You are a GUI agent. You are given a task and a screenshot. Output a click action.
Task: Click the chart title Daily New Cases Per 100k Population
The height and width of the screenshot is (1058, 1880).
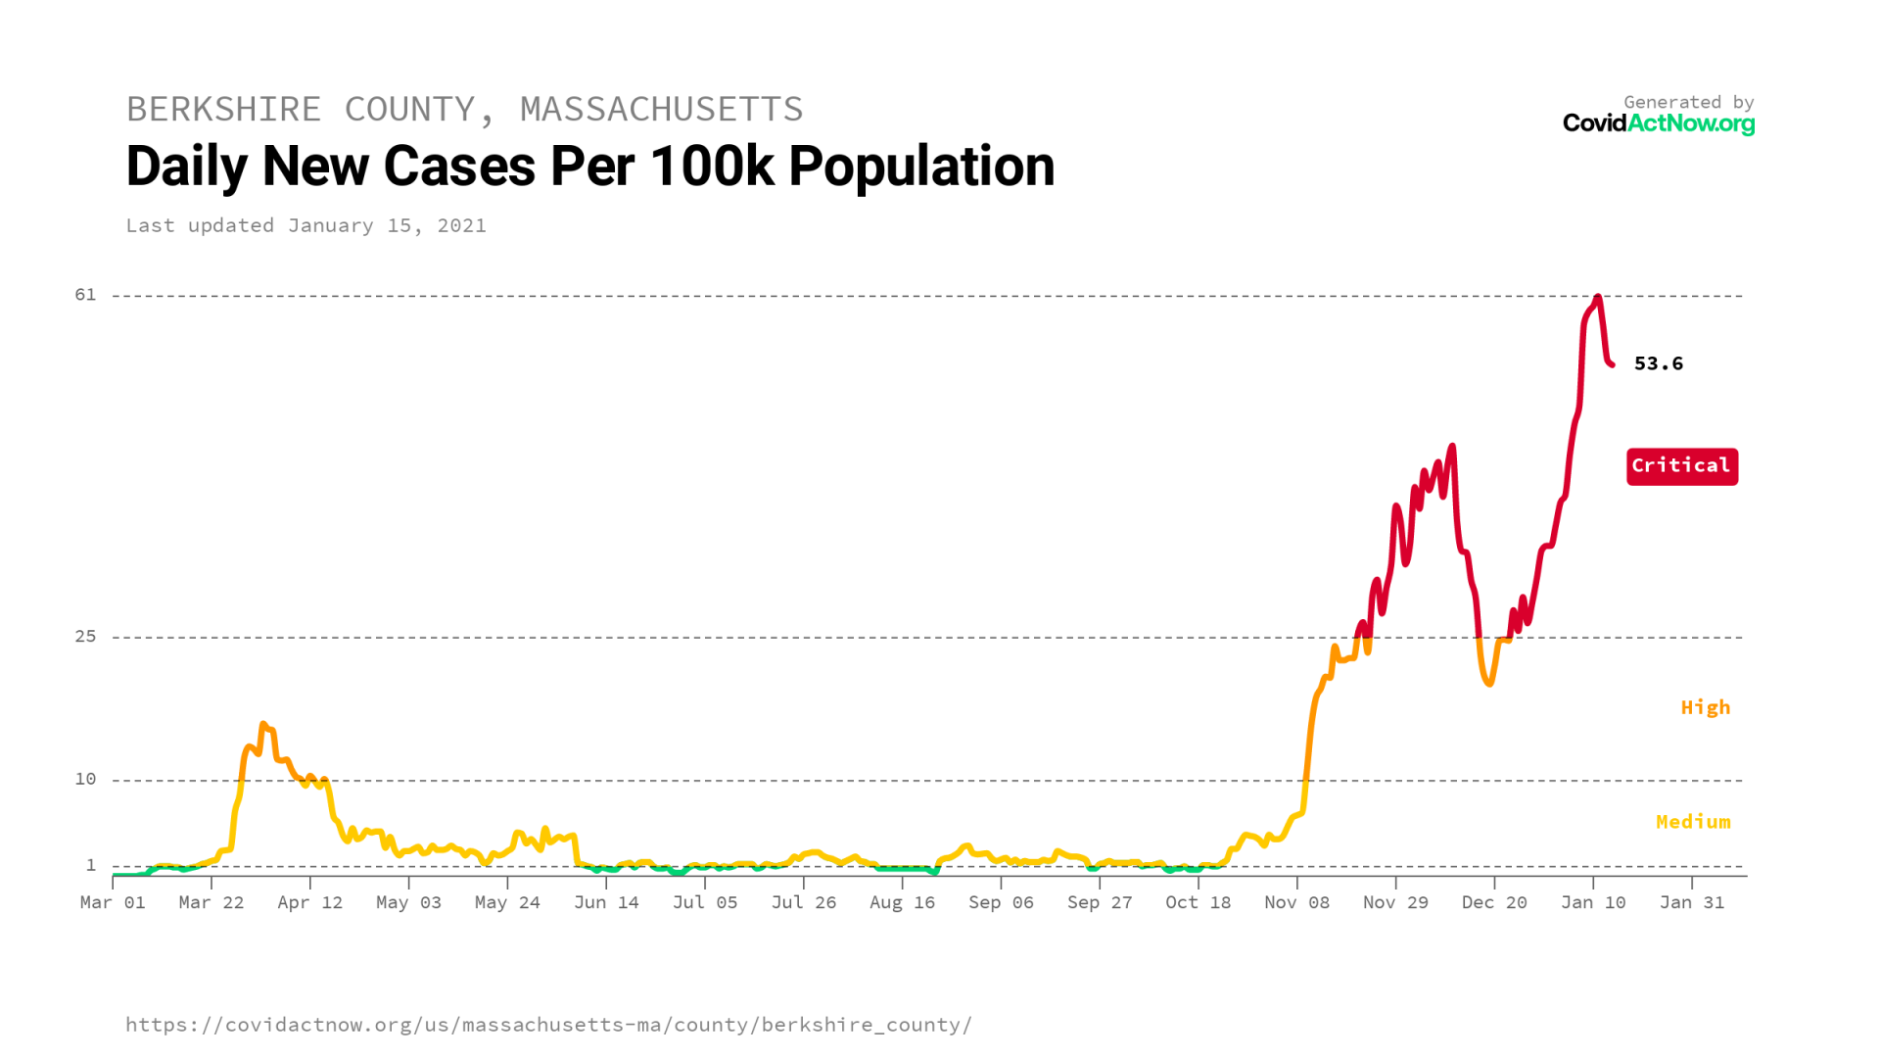point(589,167)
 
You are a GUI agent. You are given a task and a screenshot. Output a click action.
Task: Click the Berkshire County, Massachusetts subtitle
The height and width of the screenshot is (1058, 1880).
point(464,109)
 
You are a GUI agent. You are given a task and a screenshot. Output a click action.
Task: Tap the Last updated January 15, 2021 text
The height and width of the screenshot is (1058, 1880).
point(305,225)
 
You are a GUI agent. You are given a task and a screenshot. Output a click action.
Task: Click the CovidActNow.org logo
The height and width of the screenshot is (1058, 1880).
point(1658,123)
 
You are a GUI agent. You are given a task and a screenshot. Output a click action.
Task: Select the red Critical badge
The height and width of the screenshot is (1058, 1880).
point(1681,466)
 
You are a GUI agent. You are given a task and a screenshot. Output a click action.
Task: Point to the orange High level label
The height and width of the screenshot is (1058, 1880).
point(1705,707)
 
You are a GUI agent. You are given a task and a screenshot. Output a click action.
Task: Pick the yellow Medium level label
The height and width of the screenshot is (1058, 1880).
point(1692,822)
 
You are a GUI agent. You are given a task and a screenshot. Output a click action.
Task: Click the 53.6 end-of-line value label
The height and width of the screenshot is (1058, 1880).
point(1658,363)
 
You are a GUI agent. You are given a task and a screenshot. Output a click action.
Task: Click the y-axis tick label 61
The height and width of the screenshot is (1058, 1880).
point(86,295)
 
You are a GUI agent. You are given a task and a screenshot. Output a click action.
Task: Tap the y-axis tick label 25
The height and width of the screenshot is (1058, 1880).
point(86,637)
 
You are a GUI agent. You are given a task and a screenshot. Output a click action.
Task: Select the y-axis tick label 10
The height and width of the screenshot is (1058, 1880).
point(86,779)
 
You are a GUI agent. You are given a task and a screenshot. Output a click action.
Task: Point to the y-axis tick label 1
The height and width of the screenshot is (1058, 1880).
point(91,865)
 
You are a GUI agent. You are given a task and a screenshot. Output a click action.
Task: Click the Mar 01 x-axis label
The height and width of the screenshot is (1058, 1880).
point(113,902)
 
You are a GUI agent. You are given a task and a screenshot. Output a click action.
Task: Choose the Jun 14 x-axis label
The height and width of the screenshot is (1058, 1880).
point(606,902)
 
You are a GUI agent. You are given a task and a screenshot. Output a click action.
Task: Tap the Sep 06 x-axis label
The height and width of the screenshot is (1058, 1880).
point(1001,902)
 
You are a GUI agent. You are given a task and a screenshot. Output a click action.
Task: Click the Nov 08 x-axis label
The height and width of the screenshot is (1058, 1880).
point(1296,902)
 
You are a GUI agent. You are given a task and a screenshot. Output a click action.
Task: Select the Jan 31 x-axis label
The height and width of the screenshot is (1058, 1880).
point(1691,902)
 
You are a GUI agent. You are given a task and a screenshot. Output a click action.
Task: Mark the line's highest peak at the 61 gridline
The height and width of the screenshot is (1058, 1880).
point(1597,297)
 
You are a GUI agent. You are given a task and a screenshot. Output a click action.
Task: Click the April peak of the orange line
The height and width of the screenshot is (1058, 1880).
point(263,725)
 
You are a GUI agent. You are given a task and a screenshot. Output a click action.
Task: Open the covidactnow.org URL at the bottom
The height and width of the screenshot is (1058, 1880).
point(548,1025)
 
